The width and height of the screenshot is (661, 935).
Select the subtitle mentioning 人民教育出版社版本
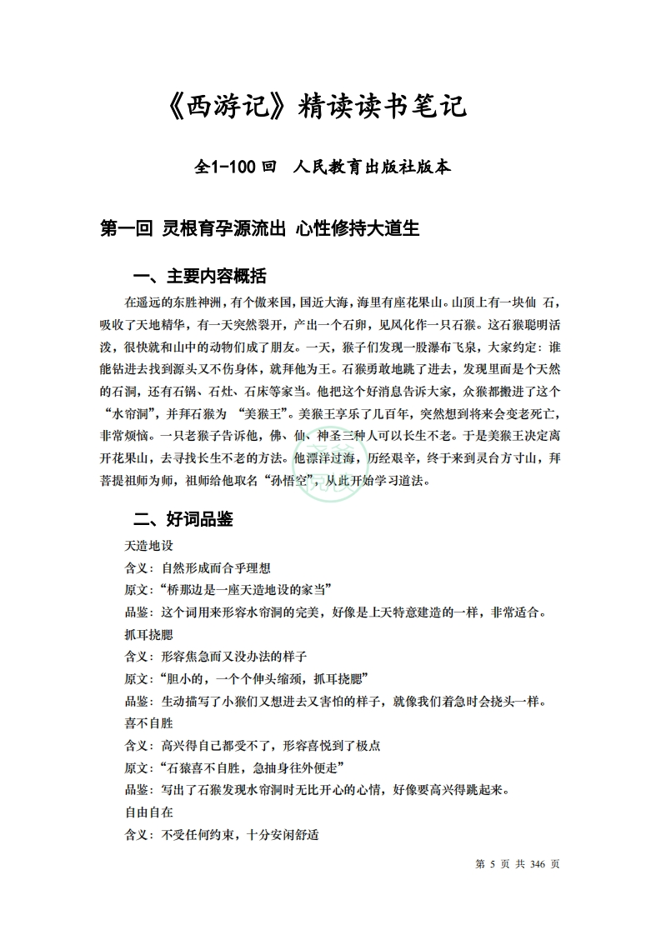[x=322, y=167]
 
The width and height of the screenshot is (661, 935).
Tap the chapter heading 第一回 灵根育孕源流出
[x=258, y=228]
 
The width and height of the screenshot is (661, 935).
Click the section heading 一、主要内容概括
[x=200, y=277]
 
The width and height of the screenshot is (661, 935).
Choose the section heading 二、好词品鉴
[x=183, y=520]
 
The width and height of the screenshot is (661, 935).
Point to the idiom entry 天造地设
[x=148, y=546]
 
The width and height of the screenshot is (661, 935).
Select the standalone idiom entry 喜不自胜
[x=148, y=722]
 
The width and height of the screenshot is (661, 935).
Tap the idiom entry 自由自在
[x=148, y=811]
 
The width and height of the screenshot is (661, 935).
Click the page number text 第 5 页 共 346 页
[x=518, y=864]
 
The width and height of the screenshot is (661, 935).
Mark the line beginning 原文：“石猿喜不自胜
[x=234, y=767]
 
